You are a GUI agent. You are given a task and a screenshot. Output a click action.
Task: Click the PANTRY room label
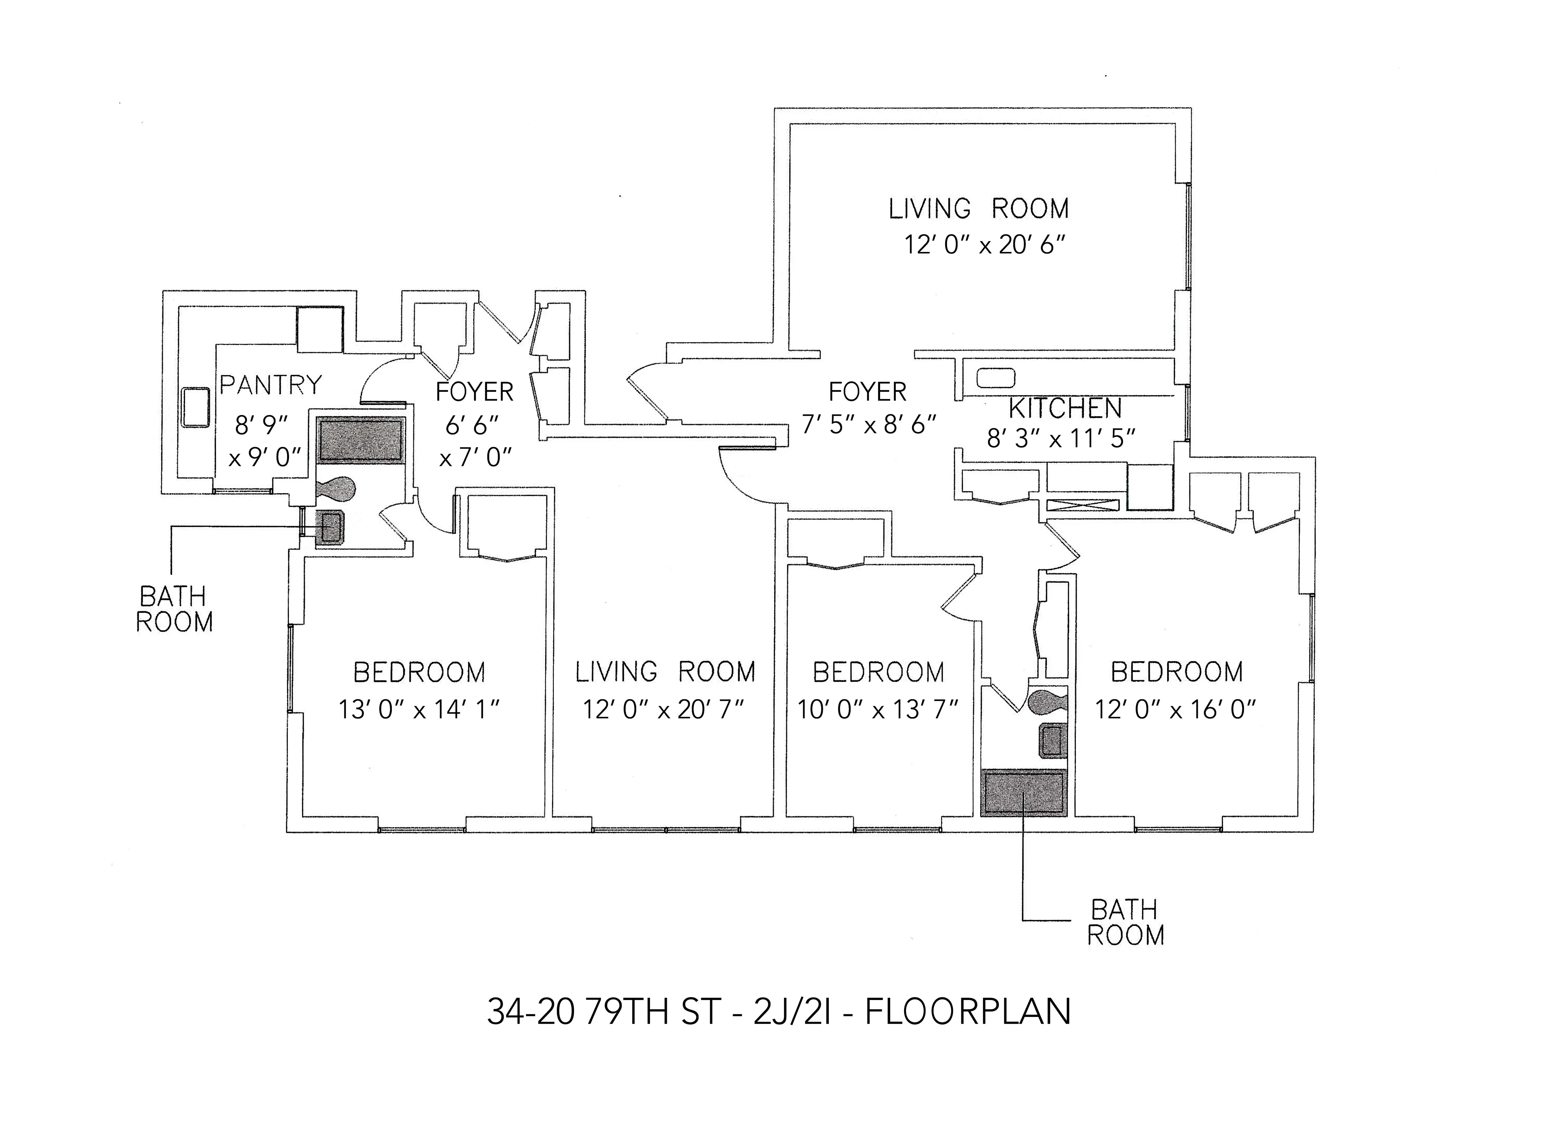click(x=270, y=385)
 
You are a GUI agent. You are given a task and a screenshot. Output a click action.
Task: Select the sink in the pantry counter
click(x=195, y=408)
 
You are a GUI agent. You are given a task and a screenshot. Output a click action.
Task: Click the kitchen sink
click(x=995, y=377)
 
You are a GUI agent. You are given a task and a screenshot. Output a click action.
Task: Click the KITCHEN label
click(x=1065, y=408)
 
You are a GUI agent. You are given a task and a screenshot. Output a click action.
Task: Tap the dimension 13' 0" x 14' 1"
click(x=419, y=709)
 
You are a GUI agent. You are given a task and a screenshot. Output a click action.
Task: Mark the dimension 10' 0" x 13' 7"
click(x=877, y=709)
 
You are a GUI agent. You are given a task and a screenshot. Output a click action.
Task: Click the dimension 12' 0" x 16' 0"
click(x=1175, y=709)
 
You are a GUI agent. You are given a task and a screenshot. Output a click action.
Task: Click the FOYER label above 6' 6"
click(x=474, y=392)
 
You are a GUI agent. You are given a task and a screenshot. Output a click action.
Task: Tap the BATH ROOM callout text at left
click(x=174, y=609)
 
